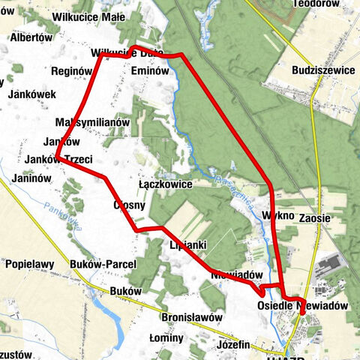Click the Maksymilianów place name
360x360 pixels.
coord(93,121)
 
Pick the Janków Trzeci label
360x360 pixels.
coord(58,160)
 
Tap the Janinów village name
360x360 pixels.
coord(31,178)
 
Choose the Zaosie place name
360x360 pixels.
coord(314,218)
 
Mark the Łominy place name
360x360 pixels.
coord(166,338)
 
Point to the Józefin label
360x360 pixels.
coord(232,345)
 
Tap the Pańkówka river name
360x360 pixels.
coord(61,217)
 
